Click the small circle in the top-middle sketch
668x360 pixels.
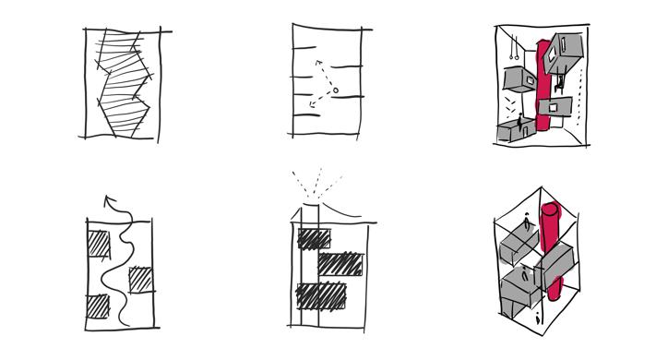click(335, 90)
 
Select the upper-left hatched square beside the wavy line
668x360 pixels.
click(99, 245)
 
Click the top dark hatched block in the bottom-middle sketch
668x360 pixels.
click(315, 238)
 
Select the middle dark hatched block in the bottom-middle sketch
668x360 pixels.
click(340, 264)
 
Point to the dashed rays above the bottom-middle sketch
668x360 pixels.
click(316, 182)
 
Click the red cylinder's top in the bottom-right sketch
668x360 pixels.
click(551, 209)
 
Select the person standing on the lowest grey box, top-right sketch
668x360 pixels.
click(519, 121)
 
